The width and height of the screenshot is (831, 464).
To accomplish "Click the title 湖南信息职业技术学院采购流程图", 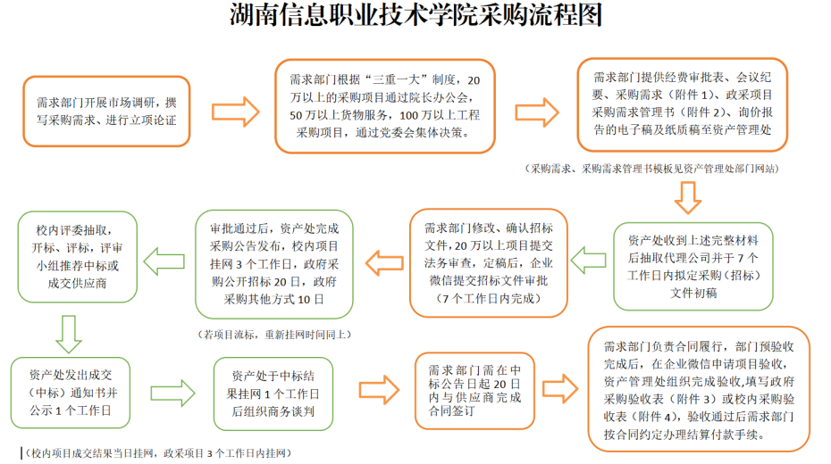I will (x=415, y=17).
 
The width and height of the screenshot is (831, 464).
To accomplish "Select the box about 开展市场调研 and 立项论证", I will (x=106, y=111).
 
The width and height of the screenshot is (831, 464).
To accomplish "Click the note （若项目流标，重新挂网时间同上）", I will (x=274, y=335).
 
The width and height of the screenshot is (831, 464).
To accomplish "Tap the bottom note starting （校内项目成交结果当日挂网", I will (x=157, y=454).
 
